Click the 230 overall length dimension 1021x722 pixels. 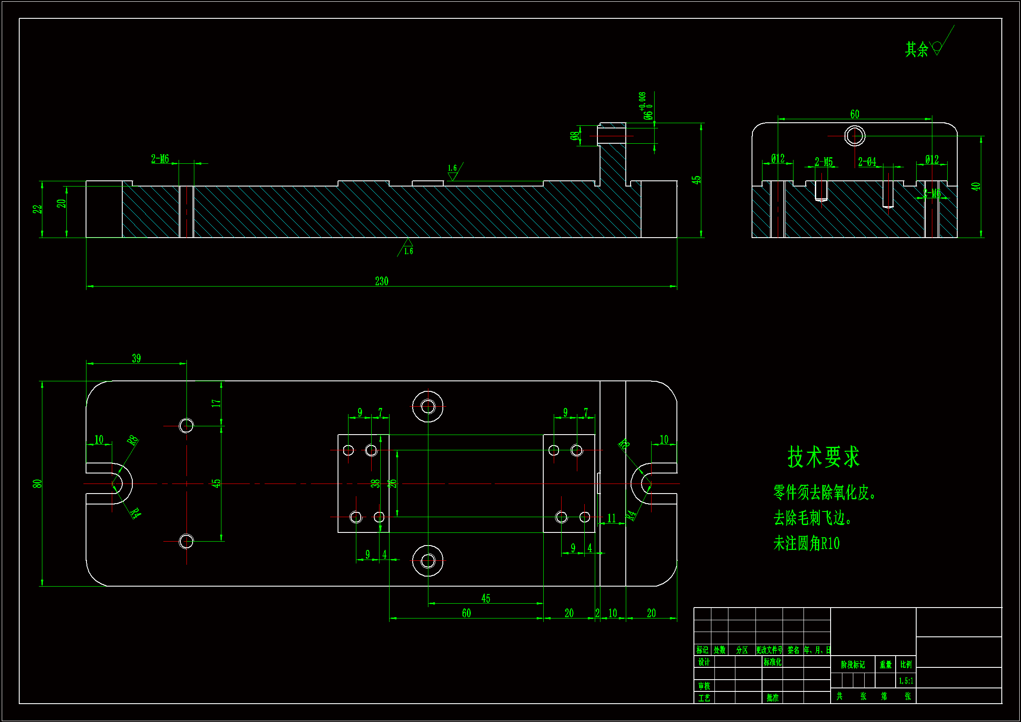pyautogui.click(x=382, y=281)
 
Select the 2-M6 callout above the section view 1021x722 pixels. pyautogui.click(x=160, y=159)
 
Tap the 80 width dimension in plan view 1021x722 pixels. pyautogui.click(x=37, y=484)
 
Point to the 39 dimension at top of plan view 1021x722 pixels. pyautogui.click(x=136, y=358)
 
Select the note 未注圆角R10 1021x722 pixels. pyautogui.click(x=806, y=544)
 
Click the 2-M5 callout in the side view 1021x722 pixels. pyautogui.click(x=824, y=162)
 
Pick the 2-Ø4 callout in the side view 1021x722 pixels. pyautogui.click(x=867, y=162)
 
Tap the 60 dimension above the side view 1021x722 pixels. pyautogui.click(x=855, y=114)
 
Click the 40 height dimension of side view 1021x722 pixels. pyautogui.click(x=976, y=187)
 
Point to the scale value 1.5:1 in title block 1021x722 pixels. pyautogui.click(x=906, y=681)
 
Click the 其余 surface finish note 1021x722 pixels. pyautogui.click(x=917, y=49)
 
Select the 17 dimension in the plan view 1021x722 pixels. pyautogui.click(x=216, y=404)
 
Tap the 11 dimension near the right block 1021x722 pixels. pyautogui.click(x=611, y=518)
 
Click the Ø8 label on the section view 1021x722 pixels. pyautogui.click(x=575, y=135)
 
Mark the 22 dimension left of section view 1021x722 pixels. pyautogui.click(x=37, y=209)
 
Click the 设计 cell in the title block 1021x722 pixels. pyautogui.click(x=704, y=663)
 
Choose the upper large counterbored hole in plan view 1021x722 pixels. pyautogui.click(x=428, y=406)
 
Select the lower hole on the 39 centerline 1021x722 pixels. pyautogui.click(x=186, y=541)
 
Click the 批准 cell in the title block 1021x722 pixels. pyautogui.click(x=773, y=698)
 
